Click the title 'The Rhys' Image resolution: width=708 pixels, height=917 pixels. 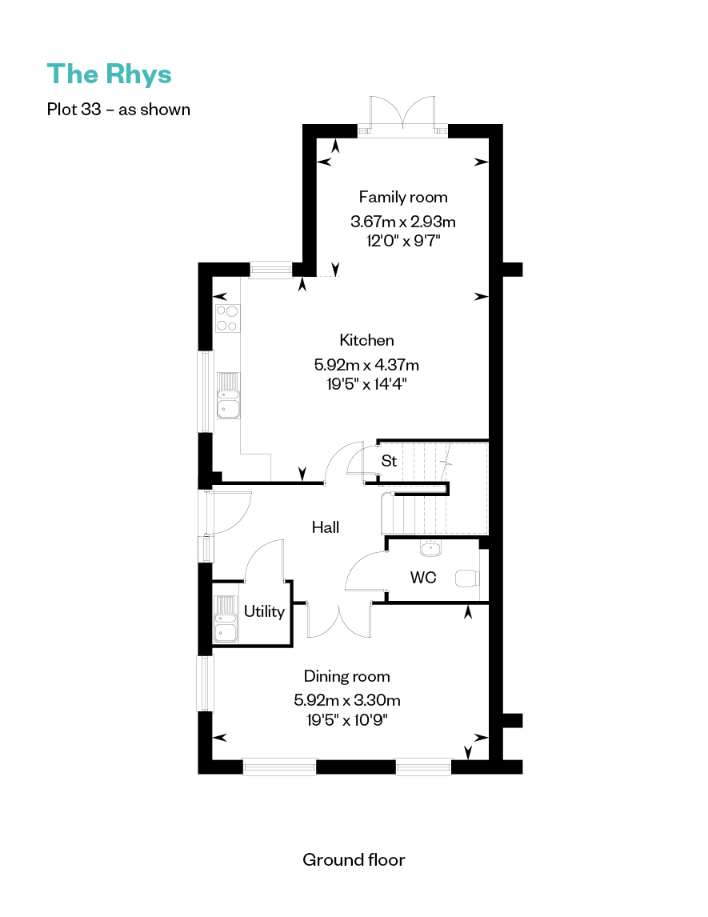tap(110, 75)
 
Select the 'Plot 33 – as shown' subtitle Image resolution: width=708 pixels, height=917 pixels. tap(118, 110)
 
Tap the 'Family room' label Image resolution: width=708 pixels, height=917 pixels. tap(403, 197)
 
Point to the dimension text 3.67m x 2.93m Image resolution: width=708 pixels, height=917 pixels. tap(403, 222)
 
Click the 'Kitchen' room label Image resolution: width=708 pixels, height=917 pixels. tap(366, 340)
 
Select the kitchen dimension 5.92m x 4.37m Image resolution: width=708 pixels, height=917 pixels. tap(366, 365)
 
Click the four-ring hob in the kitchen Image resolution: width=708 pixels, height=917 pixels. tap(227, 318)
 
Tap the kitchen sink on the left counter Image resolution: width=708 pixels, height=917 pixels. tap(228, 396)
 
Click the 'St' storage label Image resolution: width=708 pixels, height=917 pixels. tap(389, 461)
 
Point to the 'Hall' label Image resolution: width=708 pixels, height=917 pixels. tap(325, 527)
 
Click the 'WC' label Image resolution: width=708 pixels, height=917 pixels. tap(423, 578)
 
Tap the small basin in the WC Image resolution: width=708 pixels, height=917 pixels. tap(431, 548)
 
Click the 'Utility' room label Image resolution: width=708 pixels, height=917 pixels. tap(264, 611)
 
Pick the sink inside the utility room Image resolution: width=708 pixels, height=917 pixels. tap(226, 619)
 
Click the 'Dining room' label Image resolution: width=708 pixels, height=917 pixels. tap(346, 676)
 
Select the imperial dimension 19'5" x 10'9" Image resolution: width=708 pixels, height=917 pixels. tap(346, 719)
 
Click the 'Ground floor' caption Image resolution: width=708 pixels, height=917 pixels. tap(354, 859)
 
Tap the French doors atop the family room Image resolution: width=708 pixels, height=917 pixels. tap(402, 117)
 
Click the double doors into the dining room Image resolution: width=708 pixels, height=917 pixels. tap(338, 621)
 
